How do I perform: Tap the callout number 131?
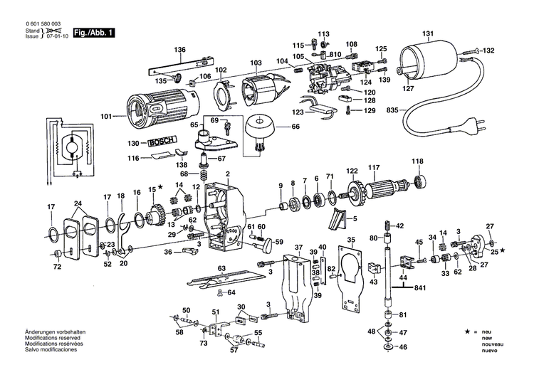click(x=427, y=33)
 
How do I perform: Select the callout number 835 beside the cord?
click(x=390, y=111)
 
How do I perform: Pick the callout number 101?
click(x=107, y=116)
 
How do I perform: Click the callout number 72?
click(x=58, y=267)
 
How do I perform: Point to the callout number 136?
click(x=179, y=49)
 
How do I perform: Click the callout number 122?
click(x=352, y=171)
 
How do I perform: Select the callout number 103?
click(x=256, y=63)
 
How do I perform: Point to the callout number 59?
click(x=278, y=241)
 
